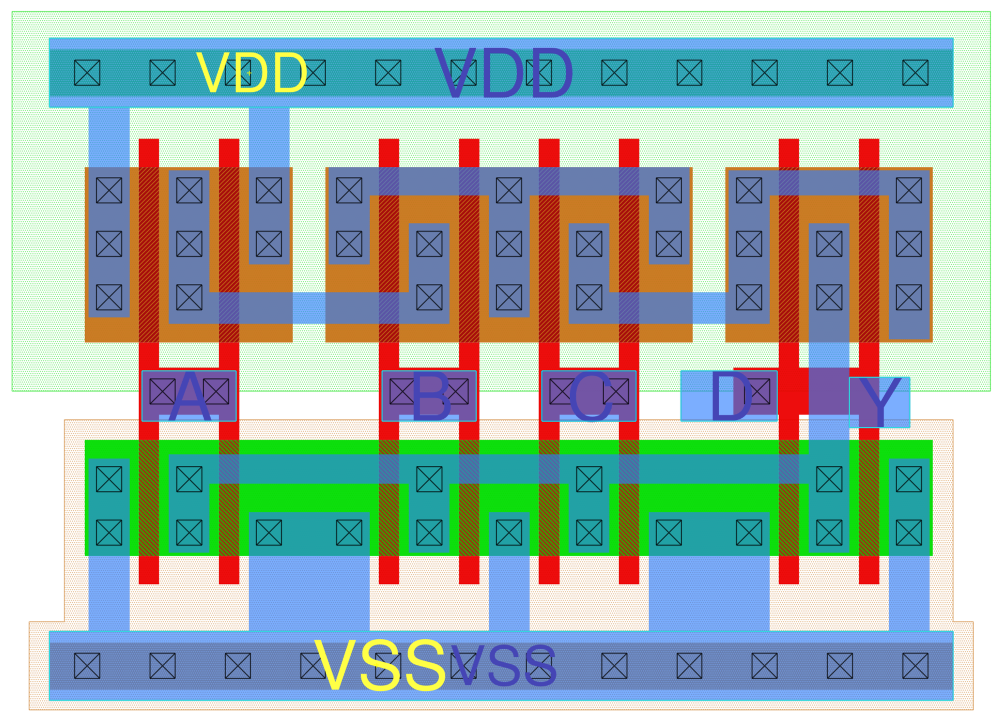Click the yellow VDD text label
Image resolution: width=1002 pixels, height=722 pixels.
click(251, 73)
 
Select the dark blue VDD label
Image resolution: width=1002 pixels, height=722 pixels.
click(504, 74)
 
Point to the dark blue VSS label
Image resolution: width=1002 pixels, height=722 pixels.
click(504, 665)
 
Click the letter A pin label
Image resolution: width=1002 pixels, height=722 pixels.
click(189, 396)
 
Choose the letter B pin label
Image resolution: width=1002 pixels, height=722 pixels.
click(431, 396)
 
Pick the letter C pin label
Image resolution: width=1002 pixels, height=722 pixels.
click(590, 396)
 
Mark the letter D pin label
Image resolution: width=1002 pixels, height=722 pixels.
click(731, 396)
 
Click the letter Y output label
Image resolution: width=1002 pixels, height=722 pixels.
click(880, 402)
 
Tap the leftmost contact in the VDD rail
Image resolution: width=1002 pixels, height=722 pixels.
click(87, 73)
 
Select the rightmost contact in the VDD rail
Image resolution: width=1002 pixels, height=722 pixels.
click(915, 73)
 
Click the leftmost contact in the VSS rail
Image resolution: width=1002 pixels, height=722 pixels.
click(87, 666)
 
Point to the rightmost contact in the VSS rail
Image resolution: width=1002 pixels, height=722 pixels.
click(915, 666)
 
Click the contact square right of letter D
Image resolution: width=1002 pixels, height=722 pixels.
click(758, 391)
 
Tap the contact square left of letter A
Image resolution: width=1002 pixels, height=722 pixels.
click(162, 391)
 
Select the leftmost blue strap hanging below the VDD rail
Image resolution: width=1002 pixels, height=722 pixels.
click(109, 137)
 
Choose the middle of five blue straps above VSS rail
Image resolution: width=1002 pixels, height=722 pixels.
click(509, 594)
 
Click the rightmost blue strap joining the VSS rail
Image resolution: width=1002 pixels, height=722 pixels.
click(909, 594)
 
